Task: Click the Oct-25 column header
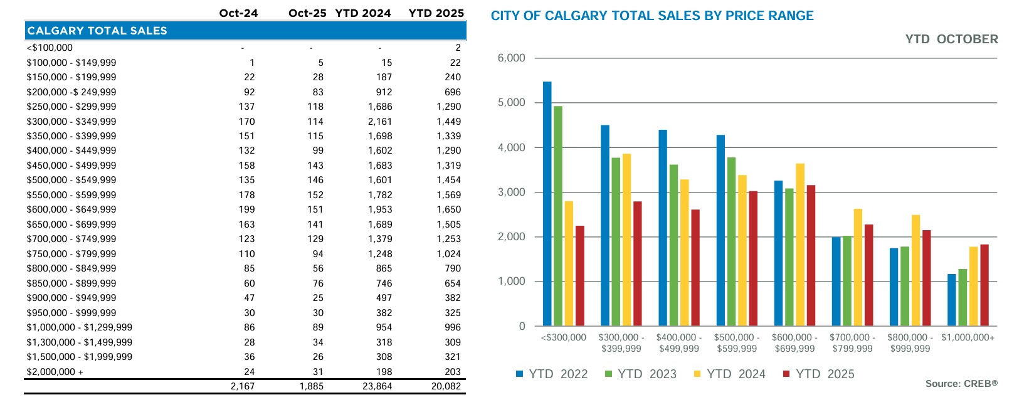(307, 13)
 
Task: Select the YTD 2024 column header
(363, 13)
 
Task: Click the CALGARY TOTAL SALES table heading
(97, 31)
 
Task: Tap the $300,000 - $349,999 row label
(71, 122)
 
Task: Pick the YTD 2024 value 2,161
(380, 122)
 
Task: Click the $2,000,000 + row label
(55, 372)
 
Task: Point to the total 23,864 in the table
(377, 386)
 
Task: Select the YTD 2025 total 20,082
(446, 386)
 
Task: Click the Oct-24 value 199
(246, 209)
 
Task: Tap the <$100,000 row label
(50, 48)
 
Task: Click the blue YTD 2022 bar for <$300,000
(547, 204)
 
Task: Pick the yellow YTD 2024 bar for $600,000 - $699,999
(800, 245)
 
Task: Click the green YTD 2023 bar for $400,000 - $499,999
(673, 245)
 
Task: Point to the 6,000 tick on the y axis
(511, 58)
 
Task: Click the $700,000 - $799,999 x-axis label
(852, 343)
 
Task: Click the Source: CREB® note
(961, 384)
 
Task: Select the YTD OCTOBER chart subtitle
(951, 40)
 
